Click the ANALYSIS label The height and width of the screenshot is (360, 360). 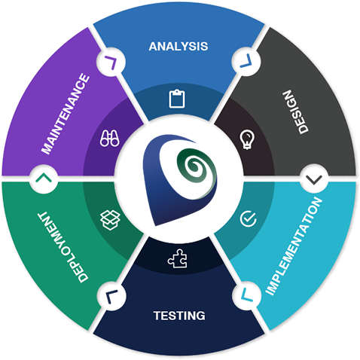pyautogui.click(x=178, y=47)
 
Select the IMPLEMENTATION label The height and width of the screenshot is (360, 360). pyautogui.click(x=294, y=246)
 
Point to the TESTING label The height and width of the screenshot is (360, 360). pyautogui.click(x=179, y=316)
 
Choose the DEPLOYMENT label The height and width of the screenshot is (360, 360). pyautogui.click(x=63, y=247)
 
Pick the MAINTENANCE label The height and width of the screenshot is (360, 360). pyautogui.click(x=66, y=114)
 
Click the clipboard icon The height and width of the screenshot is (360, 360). pyautogui.click(x=177, y=99)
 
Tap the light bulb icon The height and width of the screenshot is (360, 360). pyautogui.click(x=247, y=139)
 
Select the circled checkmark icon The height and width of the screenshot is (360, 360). pyautogui.click(x=248, y=218)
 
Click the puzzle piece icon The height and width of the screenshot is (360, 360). pyautogui.click(x=178, y=258)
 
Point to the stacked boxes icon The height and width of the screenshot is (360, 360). pyautogui.click(x=110, y=220)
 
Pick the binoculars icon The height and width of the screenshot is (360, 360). pyautogui.click(x=110, y=138)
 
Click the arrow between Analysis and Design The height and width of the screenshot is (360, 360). pyautogui.click(x=246, y=62)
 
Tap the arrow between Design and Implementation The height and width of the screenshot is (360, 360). pyautogui.click(x=314, y=180)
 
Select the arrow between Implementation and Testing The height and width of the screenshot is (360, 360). pyautogui.click(x=246, y=295)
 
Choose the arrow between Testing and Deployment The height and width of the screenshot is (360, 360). pyautogui.click(x=110, y=296)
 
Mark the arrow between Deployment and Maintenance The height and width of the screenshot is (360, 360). pyautogui.click(x=44, y=178)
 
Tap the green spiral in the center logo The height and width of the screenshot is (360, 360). pyautogui.click(x=197, y=168)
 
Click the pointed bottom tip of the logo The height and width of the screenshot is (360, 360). pyautogui.click(x=156, y=224)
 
